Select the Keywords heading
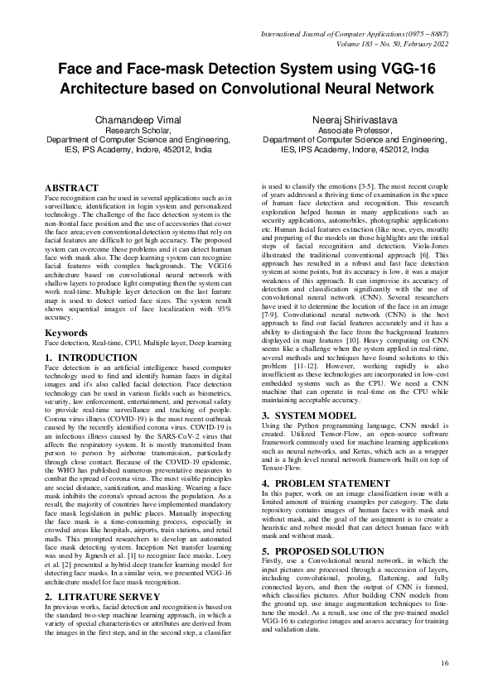[x=66, y=356]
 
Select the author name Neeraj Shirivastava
[x=355, y=121]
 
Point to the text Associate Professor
[x=355, y=131]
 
